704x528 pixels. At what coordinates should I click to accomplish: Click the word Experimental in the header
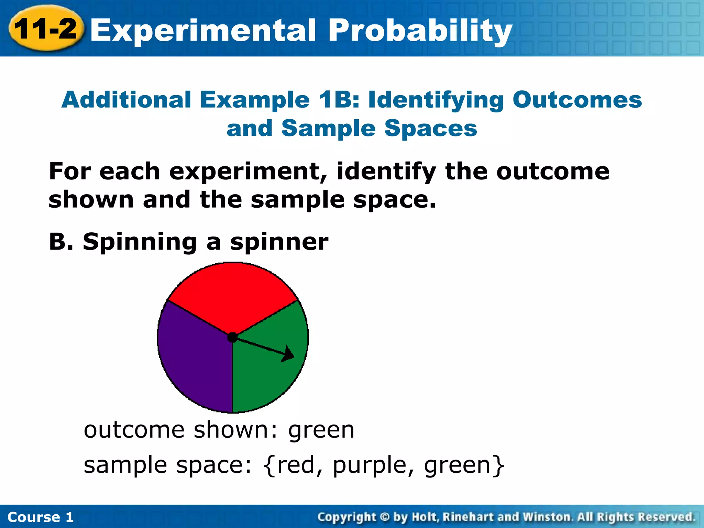(x=202, y=30)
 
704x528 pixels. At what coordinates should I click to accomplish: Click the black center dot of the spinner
(x=233, y=337)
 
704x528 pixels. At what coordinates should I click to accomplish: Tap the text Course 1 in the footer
(x=41, y=517)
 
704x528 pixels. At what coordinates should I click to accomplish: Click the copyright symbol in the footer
(x=385, y=517)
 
